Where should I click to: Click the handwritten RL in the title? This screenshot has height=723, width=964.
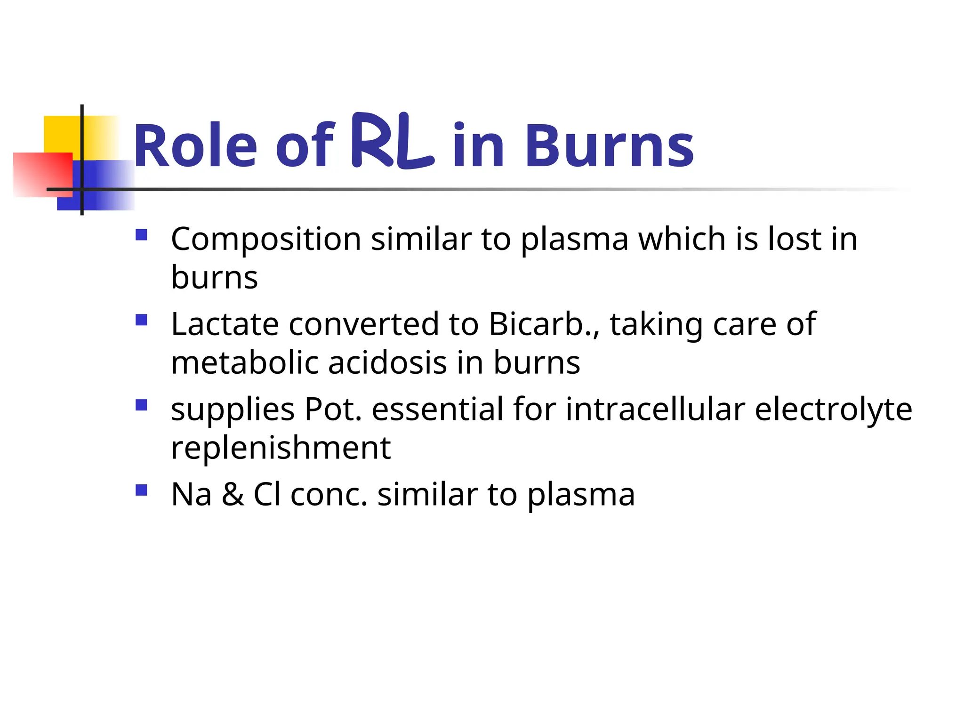click(x=392, y=141)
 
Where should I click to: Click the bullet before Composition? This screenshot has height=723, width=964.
click(x=141, y=235)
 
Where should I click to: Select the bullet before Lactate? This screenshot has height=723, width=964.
click(x=141, y=320)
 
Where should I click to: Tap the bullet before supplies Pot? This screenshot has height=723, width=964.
click(x=141, y=405)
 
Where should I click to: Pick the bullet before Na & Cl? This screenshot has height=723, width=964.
click(x=141, y=490)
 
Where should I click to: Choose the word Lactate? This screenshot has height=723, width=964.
click(x=224, y=324)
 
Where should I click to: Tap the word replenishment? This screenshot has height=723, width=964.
click(x=281, y=448)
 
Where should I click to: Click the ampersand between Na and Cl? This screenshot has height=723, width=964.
click(x=233, y=495)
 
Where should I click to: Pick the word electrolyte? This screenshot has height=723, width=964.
click(x=833, y=410)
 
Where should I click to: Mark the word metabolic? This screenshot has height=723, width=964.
click(x=245, y=363)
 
